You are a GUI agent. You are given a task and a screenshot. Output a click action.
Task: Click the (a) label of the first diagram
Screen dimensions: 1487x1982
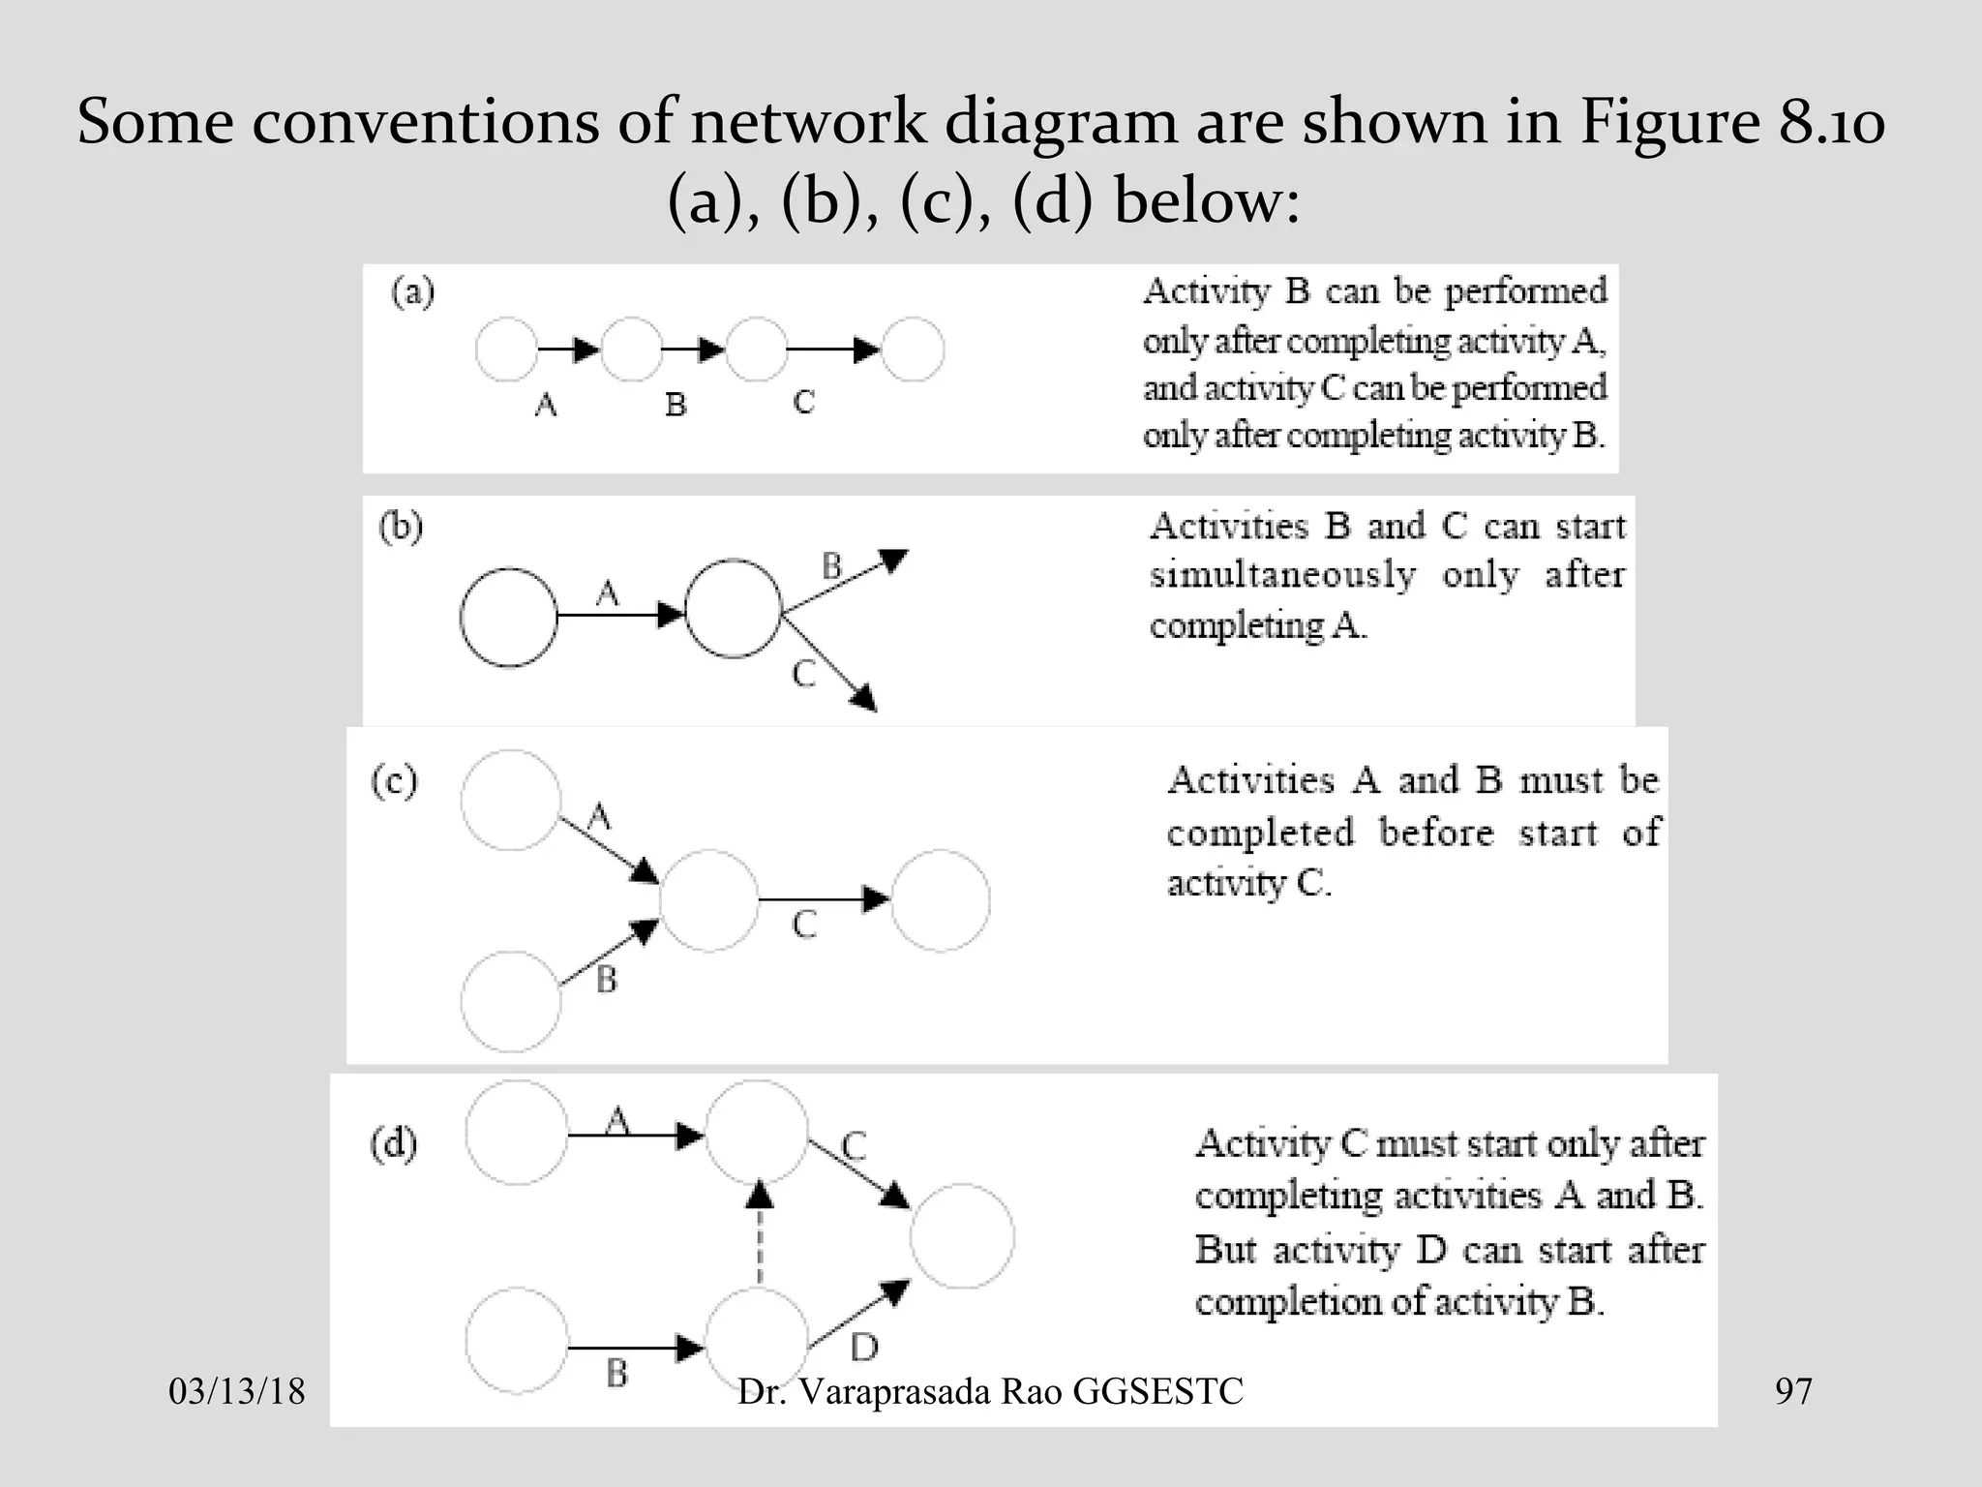412,292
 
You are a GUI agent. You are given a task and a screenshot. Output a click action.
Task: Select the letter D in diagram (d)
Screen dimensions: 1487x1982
864,1347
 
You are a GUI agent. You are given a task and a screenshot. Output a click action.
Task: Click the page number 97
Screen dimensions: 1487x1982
1793,1392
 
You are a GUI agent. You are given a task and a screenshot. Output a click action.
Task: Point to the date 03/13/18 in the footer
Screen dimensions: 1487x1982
237,1392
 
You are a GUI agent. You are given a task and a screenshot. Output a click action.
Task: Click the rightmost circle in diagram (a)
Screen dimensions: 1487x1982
913,349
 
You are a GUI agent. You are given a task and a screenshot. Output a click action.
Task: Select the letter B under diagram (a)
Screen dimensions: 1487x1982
676,404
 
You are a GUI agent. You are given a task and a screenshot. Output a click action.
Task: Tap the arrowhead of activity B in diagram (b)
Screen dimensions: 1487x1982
893,560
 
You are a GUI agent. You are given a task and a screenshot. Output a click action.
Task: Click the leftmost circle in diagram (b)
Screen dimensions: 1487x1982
508,617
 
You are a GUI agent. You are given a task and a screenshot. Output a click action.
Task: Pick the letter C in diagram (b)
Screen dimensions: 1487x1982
803,673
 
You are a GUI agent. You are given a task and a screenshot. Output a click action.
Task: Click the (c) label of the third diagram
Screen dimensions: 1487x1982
394,780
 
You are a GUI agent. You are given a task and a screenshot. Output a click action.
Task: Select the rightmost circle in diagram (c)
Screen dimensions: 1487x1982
940,900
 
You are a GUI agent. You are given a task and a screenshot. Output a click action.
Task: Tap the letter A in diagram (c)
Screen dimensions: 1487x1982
599,818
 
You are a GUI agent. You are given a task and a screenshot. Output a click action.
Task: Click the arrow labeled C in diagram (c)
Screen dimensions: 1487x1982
823,900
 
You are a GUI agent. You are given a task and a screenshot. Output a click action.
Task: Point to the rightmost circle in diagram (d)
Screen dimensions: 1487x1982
962,1235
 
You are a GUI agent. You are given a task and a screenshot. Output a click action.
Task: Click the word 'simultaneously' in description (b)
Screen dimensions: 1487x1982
1282,574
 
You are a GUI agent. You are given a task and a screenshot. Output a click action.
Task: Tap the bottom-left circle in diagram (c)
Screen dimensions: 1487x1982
510,1001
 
